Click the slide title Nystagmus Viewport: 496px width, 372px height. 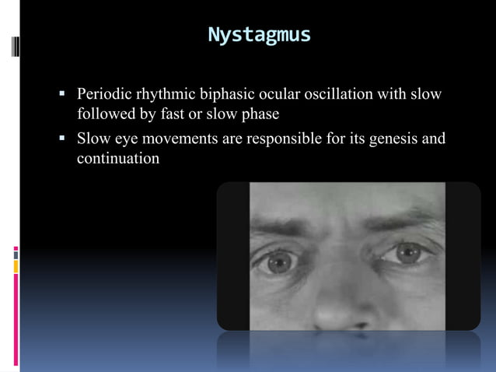click(x=259, y=35)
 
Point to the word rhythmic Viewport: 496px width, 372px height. click(x=167, y=95)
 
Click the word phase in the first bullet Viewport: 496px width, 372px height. click(x=260, y=115)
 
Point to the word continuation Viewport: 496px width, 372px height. click(x=118, y=158)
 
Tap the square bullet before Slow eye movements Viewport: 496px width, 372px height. click(x=61, y=140)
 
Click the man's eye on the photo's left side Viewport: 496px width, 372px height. click(x=279, y=262)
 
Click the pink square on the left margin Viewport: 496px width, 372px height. click(x=16, y=249)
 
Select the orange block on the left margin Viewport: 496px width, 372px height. click(x=16, y=267)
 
